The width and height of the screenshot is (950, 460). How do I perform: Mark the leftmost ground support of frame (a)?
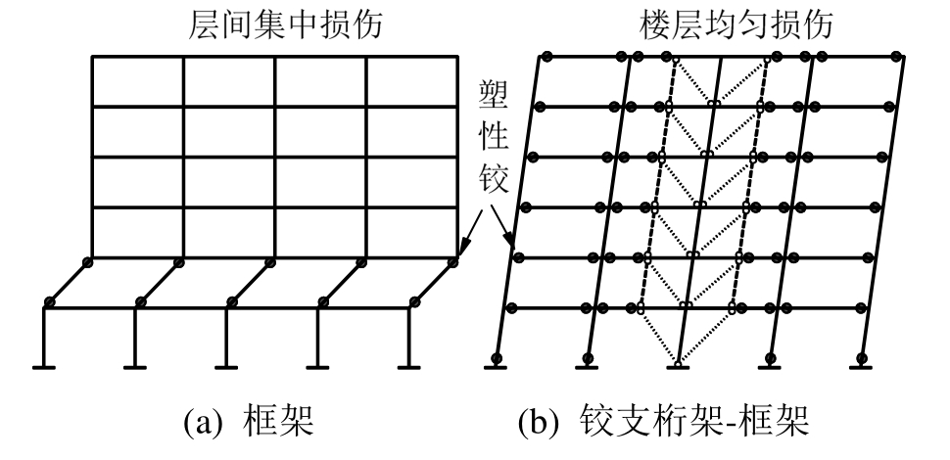[44, 367]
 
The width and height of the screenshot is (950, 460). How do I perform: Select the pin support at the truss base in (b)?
[677, 365]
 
